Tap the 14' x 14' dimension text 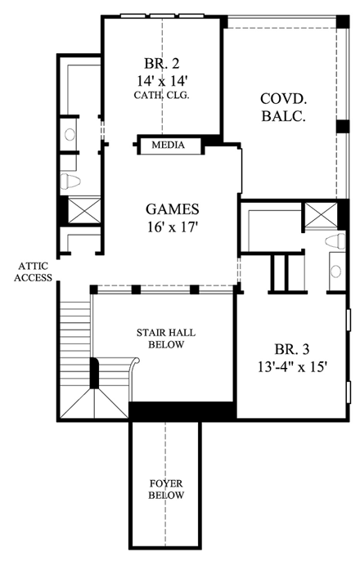point(162,80)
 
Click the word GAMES point(173,209)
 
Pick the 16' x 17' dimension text point(173,227)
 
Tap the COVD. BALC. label point(283,107)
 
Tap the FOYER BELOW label point(166,488)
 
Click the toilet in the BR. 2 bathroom point(70,181)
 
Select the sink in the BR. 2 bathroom point(70,132)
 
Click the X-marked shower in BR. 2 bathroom point(81,210)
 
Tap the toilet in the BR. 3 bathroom point(333,240)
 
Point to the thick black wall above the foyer point(182,411)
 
